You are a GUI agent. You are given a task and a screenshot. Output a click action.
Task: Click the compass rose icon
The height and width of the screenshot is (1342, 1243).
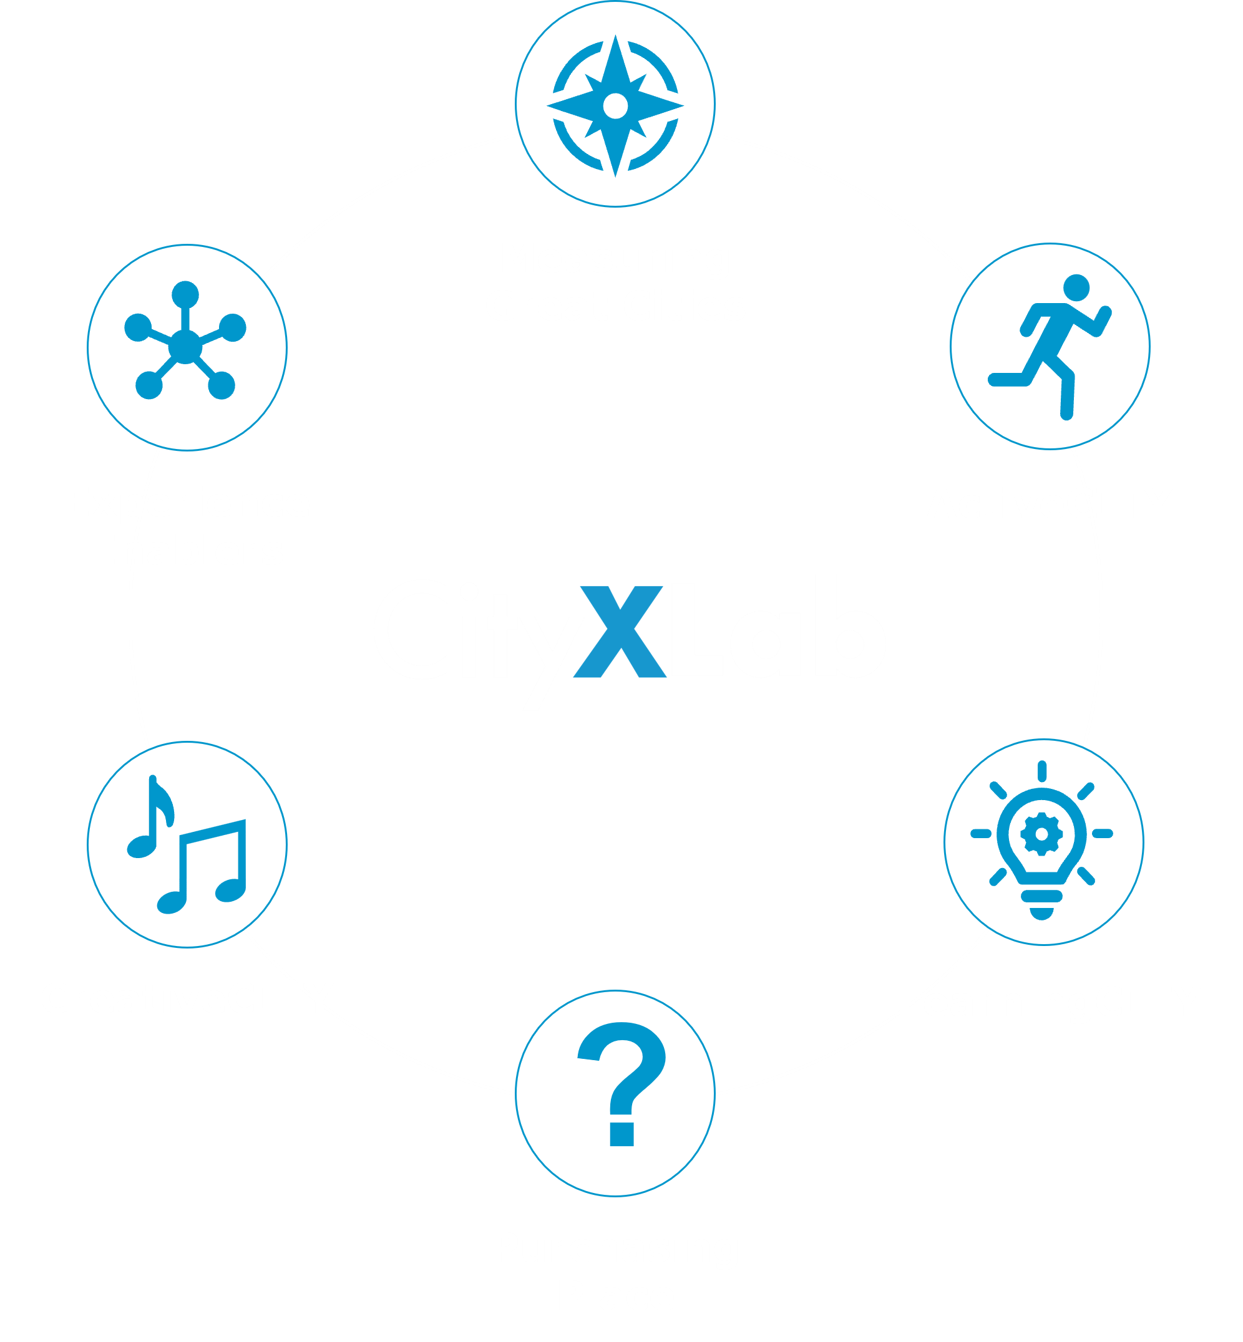coord(615,105)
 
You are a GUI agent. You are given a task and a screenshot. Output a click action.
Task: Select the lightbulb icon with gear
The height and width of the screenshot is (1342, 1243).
coord(1041,840)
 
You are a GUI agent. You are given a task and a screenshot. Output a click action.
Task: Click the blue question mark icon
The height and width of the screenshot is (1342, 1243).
coord(621,1083)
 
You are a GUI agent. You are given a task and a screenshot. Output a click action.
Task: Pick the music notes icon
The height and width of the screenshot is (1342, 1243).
coord(188,845)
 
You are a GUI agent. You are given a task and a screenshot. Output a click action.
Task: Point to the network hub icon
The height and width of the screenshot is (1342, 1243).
coord(186,342)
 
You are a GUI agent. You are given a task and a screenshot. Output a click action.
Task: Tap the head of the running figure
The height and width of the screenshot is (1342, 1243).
coord(1076,287)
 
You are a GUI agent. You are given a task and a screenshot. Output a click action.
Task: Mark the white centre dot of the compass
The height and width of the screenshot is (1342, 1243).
coord(615,105)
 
